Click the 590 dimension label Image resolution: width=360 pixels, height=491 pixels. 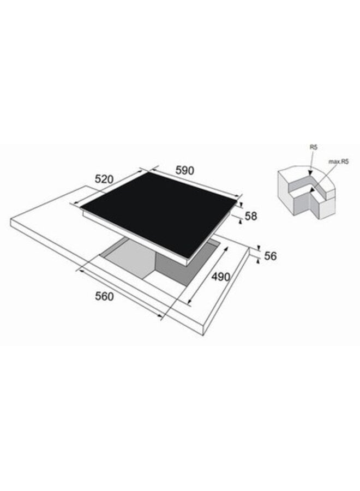(185, 170)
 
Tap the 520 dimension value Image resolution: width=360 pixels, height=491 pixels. (104, 179)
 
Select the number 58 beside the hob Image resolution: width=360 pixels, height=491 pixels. (251, 216)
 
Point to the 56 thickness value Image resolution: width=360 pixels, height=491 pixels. (271, 256)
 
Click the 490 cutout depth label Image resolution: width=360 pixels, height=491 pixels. (221, 277)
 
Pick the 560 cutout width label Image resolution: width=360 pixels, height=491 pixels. (104, 296)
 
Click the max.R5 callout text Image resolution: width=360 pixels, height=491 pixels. (338, 161)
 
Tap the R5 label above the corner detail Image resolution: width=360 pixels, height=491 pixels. (313, 147)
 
